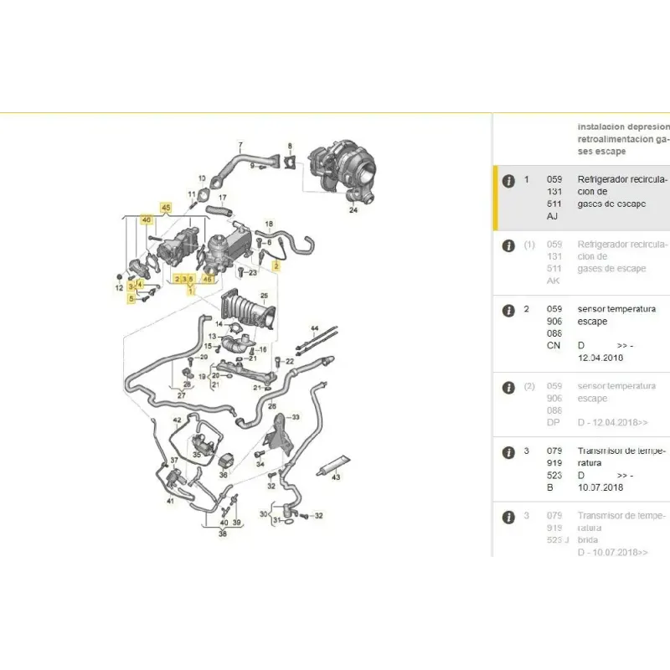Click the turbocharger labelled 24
click(x=343, y=172)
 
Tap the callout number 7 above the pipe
click(x=240, y=145)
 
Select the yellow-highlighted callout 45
click(x=165, y=207)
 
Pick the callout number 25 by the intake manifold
click(x=264, y=296)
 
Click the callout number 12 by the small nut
click(x=119, y=288)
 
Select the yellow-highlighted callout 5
click(x=131, y=297)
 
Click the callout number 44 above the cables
click(x=315, y=326)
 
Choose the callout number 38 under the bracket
click(x=222, y=532)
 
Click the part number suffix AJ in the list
click(x=554, y=216)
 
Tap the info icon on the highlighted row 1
click(x=508, y=180)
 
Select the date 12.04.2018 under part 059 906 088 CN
click(x=600, y=358)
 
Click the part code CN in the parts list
click(x=554, y=345)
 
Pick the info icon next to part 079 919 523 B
click(x=508, y=451)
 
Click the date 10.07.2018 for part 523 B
click(x=600, y=487)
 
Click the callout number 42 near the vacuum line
click(x=177, y=419)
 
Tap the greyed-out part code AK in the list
click(x=554, y=281)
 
